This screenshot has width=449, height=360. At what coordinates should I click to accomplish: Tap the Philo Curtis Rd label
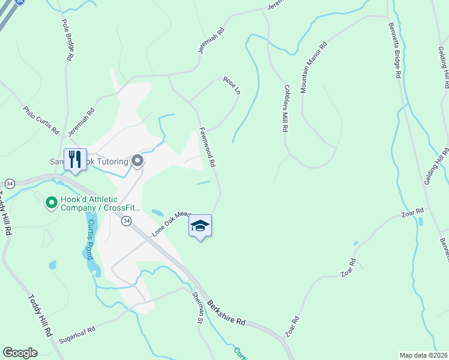tap(41, 120)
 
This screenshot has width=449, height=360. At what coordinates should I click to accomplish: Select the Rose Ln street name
tap(231, 84)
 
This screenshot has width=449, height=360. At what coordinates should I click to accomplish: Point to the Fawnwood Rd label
tap(207, 146)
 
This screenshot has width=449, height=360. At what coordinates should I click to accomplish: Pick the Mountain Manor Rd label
tap(313, 67)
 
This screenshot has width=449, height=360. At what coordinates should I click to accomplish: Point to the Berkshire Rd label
tap(227, 313)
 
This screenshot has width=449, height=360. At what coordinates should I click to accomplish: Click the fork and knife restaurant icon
tap(75, 160)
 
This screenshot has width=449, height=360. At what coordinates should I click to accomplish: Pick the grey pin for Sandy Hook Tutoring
tap(137, 161)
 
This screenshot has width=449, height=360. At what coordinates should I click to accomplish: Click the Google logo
tap(20, 353)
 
